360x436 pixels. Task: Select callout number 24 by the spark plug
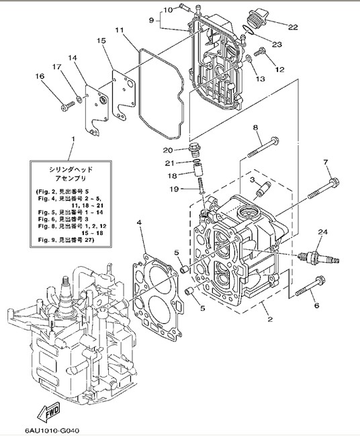point(323,232)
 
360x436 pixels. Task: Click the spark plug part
point(318,258)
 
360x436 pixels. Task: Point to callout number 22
point(293,27)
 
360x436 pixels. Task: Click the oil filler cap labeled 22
point(257,18)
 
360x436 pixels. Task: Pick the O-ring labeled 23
point(248,30)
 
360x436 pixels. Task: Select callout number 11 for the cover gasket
point(119,30)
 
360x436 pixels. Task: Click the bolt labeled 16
point(68,105)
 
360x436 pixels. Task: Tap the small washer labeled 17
point(79,98)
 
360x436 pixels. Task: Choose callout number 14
point(73,58)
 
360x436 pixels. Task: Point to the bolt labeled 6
point(310,286)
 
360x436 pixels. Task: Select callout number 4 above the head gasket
point(139,222)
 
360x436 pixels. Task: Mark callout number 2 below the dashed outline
point(270,319)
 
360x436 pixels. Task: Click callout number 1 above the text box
point(73,138)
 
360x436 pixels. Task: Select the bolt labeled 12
point(260,52)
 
